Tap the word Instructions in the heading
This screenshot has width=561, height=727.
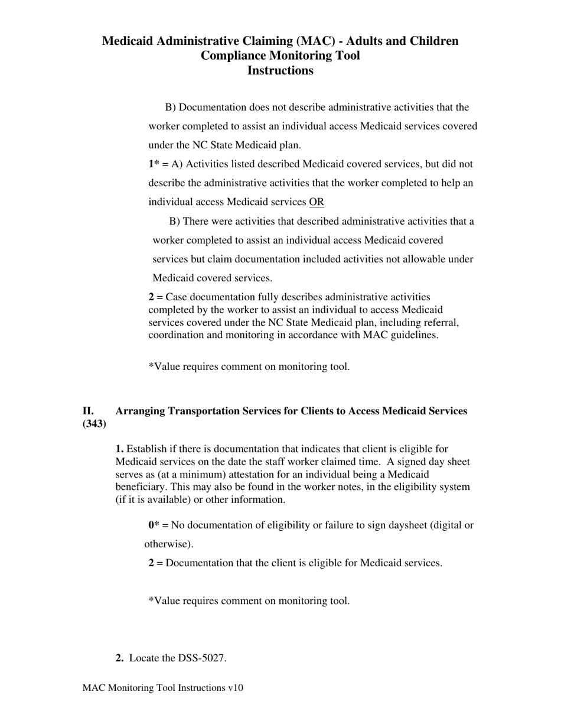click(x=280, y=70)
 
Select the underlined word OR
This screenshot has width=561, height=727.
click(x=317, y=202)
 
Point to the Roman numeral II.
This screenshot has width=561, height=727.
click(x=88, y=411)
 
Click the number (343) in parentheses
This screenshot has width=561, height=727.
click(x=94, y=424)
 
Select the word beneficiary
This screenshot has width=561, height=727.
click(x=141, y=487)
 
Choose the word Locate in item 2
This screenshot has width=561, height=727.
click(x=144, y=658)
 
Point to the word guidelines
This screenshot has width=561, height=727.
click(x=415, y=335)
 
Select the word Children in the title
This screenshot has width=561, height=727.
click(x=429, y=41)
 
